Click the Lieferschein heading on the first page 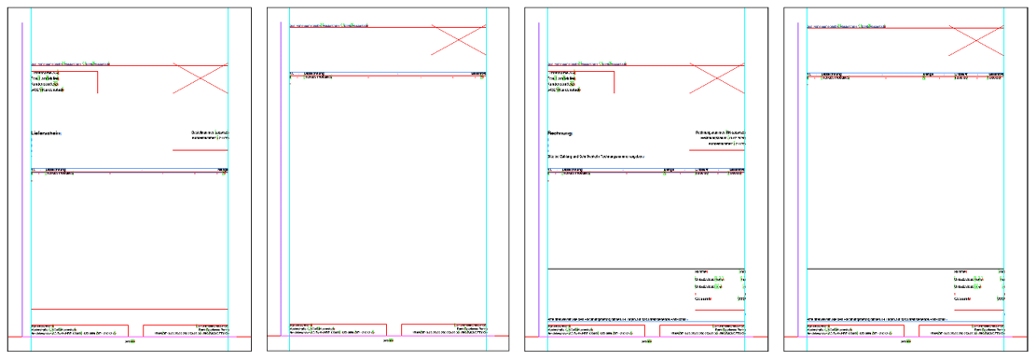click(x=47, y=133)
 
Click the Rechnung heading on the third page click(x=562, y=133)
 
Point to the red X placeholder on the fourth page click(x=975, y=40)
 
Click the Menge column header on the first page click(x=223, y=170)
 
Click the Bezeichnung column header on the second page click(x=311, y=73)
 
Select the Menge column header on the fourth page click(x=929, y=73)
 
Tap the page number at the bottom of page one click(x=130, y=341)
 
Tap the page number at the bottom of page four click(x=905, y=341)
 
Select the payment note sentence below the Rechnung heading click(x=596, y=156)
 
